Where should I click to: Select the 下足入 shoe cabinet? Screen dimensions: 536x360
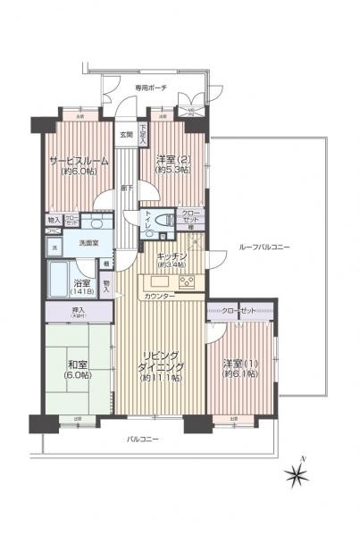point(142,137)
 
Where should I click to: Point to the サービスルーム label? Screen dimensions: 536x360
point(79,161)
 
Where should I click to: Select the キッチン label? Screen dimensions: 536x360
point(173,255)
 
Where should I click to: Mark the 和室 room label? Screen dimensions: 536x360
point(79,363)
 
